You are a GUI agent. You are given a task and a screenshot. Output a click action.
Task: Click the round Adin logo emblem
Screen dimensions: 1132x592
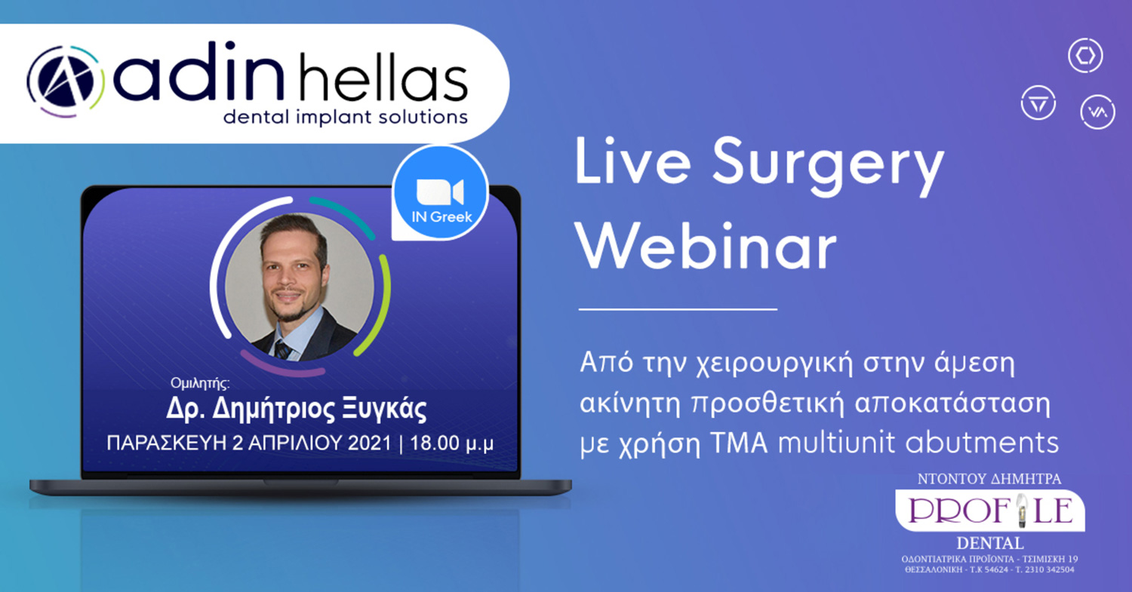(65, 81)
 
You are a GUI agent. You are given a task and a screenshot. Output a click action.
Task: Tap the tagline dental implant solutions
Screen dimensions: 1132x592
(345, 117)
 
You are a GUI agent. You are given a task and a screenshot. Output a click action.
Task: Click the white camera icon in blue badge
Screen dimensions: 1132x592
(440, 192)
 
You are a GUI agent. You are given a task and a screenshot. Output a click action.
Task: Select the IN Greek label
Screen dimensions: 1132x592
(441, 216)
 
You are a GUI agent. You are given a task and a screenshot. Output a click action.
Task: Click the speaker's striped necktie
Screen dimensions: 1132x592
(282, 349)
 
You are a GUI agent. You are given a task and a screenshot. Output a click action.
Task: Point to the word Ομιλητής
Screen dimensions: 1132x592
(200, 383)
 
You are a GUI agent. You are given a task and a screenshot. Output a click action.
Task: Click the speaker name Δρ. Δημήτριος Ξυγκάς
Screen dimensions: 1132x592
(296, 409)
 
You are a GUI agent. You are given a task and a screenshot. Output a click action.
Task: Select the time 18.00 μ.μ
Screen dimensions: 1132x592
(451, 443)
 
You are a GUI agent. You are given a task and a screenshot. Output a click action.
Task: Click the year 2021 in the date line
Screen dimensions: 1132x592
(370, 443)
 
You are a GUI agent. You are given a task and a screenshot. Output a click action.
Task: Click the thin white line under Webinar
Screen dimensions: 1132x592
(678, 309)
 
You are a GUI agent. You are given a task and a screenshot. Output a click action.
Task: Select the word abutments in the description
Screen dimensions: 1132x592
(982, 442)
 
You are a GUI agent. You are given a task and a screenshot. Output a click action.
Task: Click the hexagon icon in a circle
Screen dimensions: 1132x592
(1085, 56)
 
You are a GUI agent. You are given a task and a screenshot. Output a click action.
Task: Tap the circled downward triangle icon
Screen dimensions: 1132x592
(1038, 103)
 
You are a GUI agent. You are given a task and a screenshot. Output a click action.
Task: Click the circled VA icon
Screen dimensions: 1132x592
(1097, 112)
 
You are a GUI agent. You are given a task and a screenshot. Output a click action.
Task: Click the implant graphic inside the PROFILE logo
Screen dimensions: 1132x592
(1022, 511)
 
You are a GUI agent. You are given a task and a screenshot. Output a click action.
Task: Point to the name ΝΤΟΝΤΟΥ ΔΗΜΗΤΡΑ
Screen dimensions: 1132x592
(989, 479)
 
